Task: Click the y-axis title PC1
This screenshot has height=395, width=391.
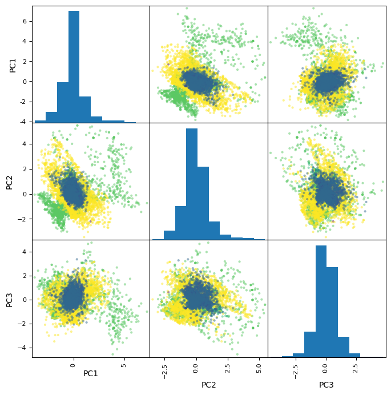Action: (13, 64)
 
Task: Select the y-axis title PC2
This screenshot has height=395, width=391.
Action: (9, 182)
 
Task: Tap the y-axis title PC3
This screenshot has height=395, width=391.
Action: (9, 299)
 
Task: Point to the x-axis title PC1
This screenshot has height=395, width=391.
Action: (91, 373)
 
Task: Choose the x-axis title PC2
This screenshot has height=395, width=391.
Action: (208, 385)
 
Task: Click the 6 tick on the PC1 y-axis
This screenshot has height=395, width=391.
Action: (25, 21)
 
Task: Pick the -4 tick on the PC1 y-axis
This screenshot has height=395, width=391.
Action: (23, 122)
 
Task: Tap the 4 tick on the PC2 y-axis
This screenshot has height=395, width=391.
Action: (25, 144)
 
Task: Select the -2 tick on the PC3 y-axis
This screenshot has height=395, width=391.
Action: (23, 324)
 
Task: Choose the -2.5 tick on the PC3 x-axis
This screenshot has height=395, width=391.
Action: (296, 370)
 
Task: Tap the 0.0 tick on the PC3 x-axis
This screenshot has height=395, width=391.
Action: (326, 368)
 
